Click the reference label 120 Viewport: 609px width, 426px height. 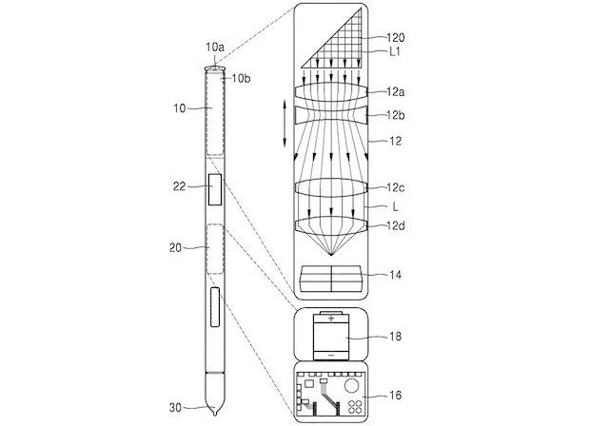point(396,38)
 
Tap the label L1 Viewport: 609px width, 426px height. point(395,51)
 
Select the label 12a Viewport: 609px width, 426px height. point(396,92)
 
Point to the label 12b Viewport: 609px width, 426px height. point(396,115)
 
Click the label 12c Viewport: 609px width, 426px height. point(396,187)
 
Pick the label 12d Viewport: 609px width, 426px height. point(396,225)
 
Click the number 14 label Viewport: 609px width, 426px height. point(395,275)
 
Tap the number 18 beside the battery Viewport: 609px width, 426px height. point(395,336)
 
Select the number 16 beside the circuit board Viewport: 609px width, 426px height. point(395,396)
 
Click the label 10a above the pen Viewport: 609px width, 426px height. point(215,48)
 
